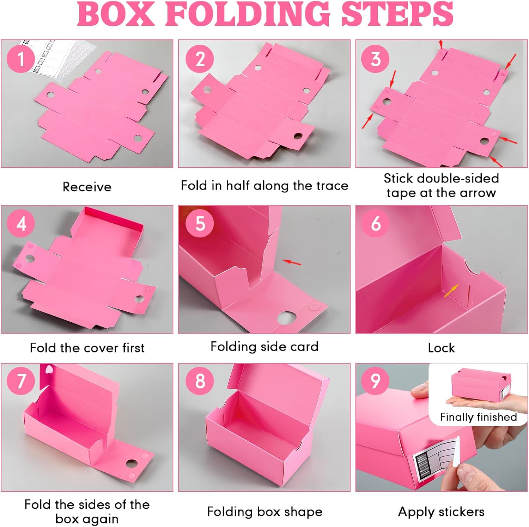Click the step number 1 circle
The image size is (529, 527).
pos(21,59)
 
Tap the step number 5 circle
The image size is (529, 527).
pos(200,223)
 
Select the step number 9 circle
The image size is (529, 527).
pos(376,381)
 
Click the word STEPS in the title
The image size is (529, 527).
pos(397,14)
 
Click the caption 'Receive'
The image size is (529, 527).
pos(87,187)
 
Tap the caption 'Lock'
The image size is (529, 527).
pos(441,348)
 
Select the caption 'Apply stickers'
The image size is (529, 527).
pos(441,512)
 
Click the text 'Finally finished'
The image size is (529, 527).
pos(478,417)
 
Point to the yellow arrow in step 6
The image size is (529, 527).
pos(452,291)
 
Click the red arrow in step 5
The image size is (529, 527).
pos(292,262)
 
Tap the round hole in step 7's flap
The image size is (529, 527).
pos(132,463)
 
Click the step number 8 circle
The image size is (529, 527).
pos(200,381)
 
